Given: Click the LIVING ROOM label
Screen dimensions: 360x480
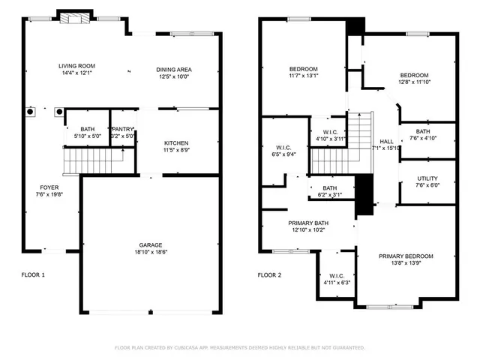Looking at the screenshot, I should (x=76, y=66).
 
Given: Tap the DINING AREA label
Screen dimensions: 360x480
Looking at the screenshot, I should (x=172, y=70).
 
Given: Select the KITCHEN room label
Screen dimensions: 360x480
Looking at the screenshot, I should (x=176, y=142).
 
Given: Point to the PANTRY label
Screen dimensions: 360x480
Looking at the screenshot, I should (x=121, y=129).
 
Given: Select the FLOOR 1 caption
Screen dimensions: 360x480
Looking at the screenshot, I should (x=33, y=275).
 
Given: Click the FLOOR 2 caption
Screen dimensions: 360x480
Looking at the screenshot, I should (x=270, y=275).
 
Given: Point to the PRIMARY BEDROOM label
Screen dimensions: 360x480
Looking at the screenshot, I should (x=406, y=256).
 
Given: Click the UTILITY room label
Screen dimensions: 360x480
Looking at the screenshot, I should (x=427, y=178).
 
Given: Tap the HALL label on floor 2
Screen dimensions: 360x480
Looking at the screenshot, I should (x=386, y=141).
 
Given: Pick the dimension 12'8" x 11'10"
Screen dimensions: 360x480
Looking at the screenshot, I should (x=414, y=82).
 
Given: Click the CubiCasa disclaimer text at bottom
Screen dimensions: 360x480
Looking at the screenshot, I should (x=239, y=348).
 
